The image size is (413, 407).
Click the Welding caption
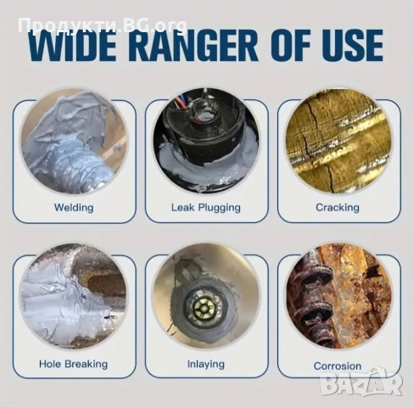[74, 208]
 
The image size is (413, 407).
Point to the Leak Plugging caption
[206, 208]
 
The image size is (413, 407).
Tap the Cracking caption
[338, 208]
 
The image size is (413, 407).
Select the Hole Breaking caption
[74, 364]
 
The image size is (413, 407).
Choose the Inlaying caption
[206, 364]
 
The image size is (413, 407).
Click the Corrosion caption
[338, 366]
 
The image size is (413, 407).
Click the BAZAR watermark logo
[362, 382]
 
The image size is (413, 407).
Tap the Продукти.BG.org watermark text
[103, 25]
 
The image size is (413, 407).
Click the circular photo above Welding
[74, 142]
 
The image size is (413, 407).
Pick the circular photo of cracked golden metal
[338, 142]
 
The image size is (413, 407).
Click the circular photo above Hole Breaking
[74, 296]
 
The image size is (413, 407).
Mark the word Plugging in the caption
[220, 208]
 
